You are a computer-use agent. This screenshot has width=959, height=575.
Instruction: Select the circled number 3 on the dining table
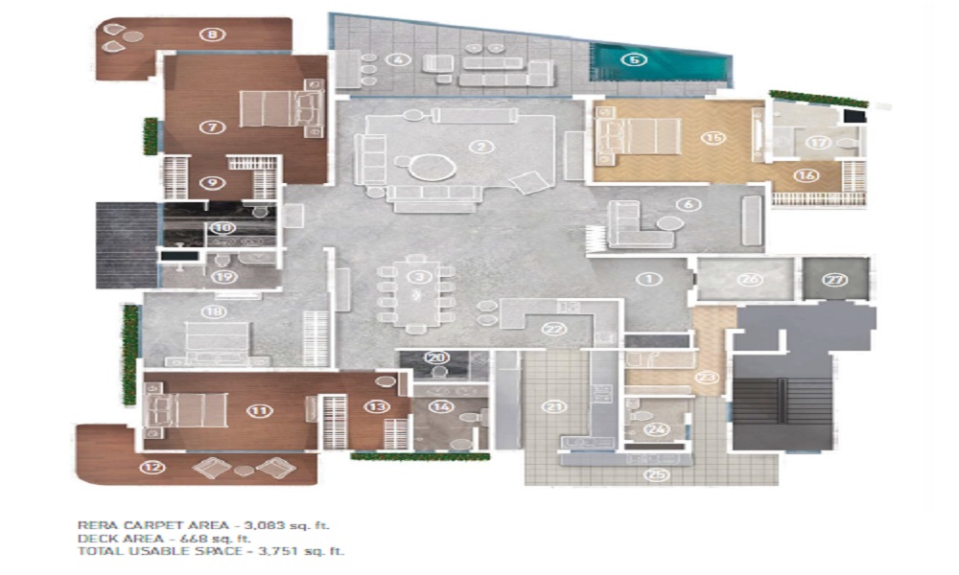pyautogui.click(x=416, y=277)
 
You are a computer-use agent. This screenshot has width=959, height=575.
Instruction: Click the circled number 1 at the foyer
pyautogui.click(x=649, y=280)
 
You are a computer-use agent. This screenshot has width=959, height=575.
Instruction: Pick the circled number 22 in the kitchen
pyautogui.click(x=552, y=328)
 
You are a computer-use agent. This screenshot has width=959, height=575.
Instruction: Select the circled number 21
pyautogui.click(x=551, y=407)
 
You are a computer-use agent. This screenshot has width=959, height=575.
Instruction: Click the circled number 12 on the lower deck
pyautogui.click(x=152, y=468)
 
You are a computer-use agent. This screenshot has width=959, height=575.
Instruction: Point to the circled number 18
pyautogui.click(x=213, y=311)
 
